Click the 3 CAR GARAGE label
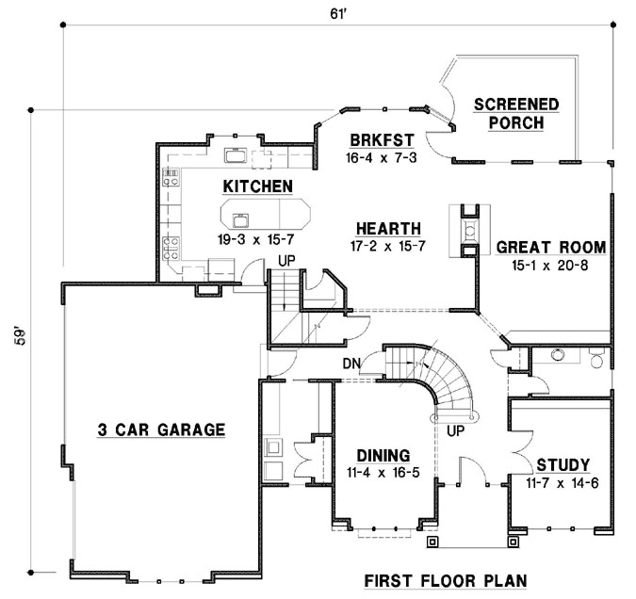tap(161, 430)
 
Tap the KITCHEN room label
tap(257, 186)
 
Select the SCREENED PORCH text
tap(515, 113)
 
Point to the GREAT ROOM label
tap(551, 248)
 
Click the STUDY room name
tap(563, 464)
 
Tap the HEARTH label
tap(388, 228)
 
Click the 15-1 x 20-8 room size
tap(551, 267)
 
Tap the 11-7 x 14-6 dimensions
tap(563, 483)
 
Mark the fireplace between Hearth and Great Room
tap(468, 230)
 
